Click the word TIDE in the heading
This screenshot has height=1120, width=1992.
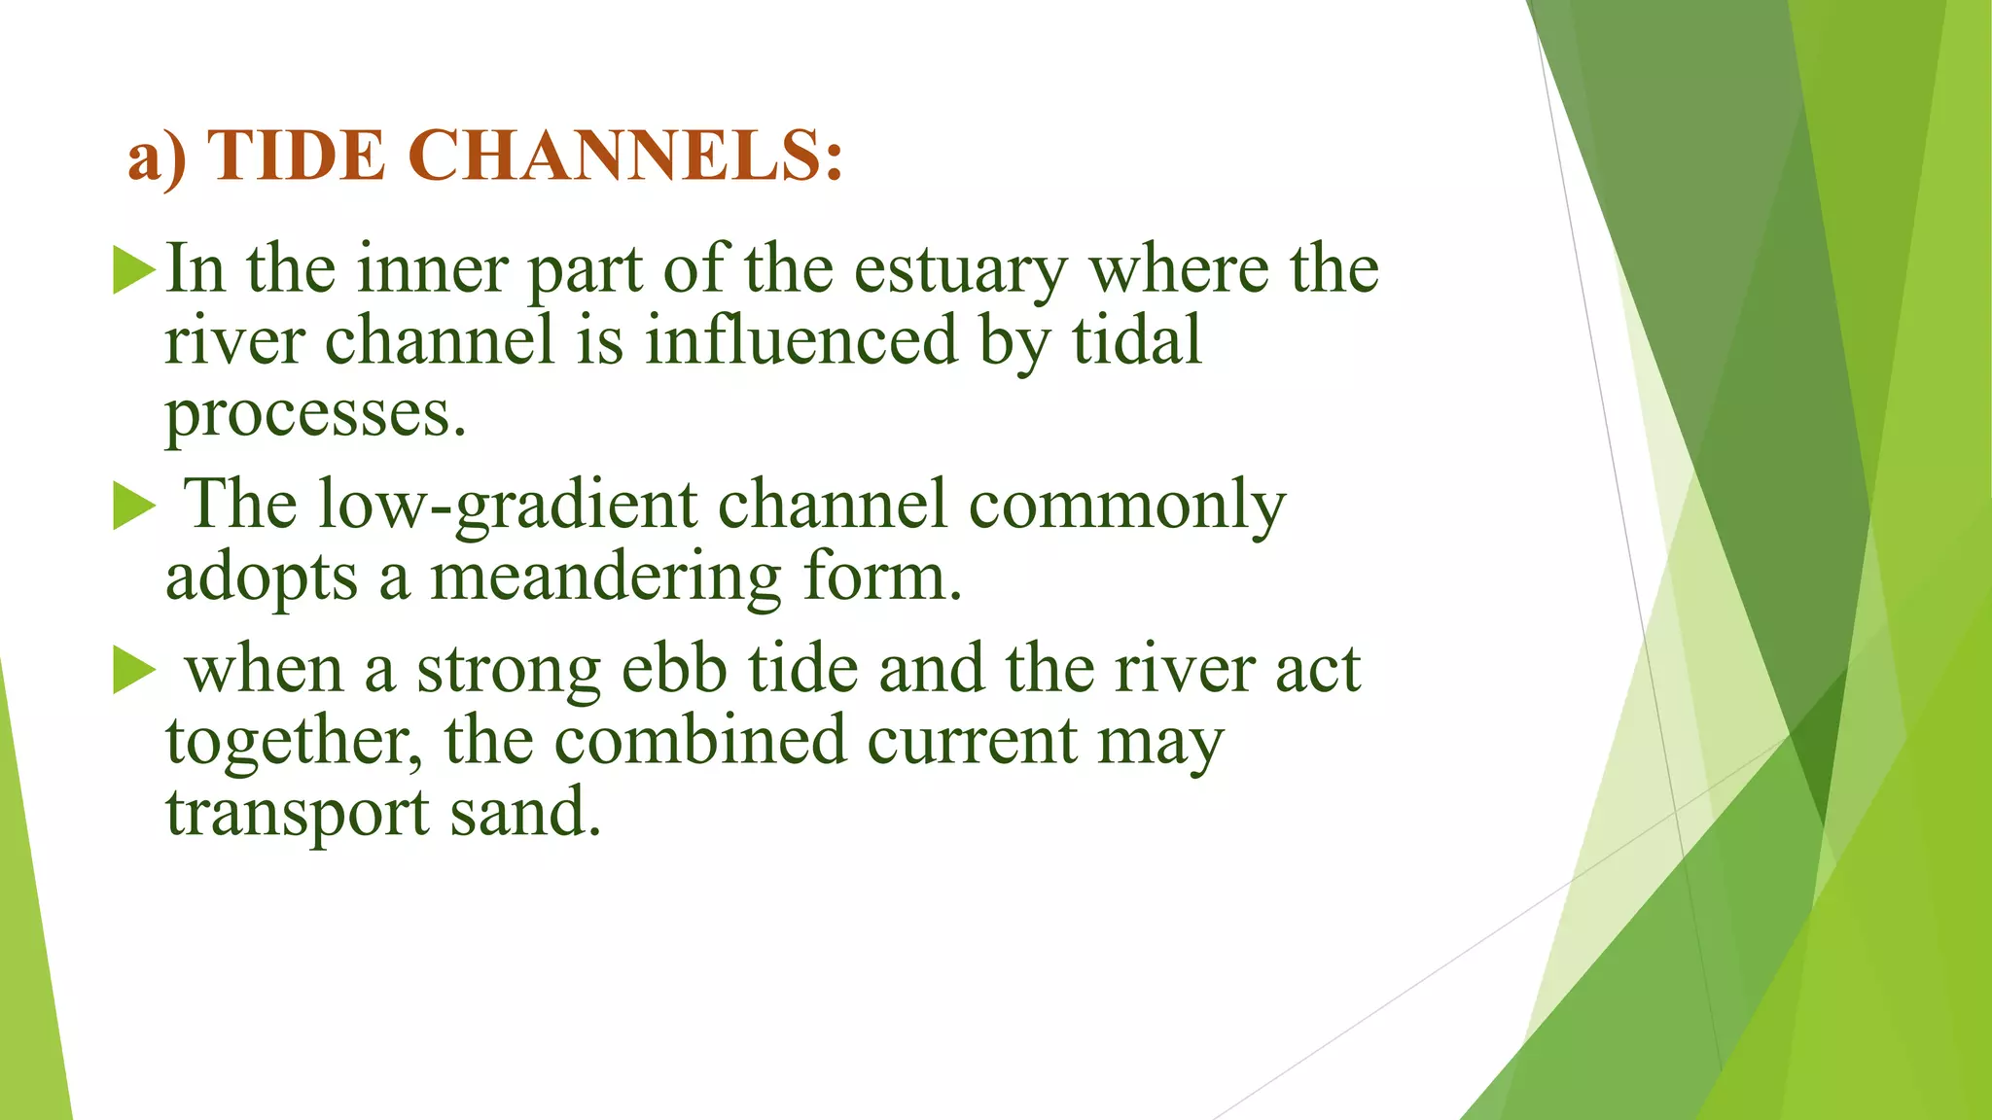click(x=297, y=156)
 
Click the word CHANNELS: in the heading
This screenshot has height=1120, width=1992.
click(x=624, y=156)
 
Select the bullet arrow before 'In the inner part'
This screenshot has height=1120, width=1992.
click(x=134, y=269)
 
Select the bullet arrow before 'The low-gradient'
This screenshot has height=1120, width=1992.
click(x=134, y=507)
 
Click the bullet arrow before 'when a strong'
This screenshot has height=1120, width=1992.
click(x=134, y=671)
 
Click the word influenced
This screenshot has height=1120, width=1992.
click(x=800, y=341)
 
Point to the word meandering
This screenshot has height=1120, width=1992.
click(x=605, y=577)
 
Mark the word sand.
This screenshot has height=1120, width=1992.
click(x=524, y=813)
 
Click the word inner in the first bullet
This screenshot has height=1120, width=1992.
click(x=432, y=269)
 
